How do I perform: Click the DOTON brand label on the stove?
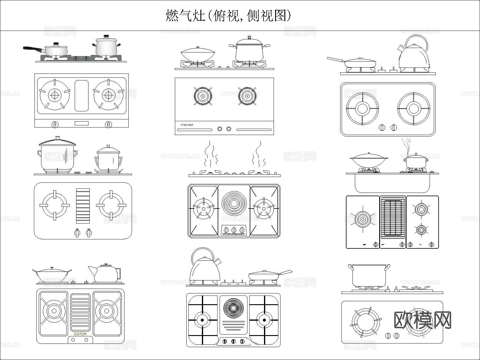coord(80,334)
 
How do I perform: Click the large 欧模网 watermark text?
coord(422,320)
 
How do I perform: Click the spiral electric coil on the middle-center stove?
coord(234,204)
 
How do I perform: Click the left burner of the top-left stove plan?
coord(55,95)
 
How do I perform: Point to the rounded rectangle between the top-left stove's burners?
coord(82,95)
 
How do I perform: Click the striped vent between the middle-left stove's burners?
coord(83,206)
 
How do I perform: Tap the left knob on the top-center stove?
coord(220,129)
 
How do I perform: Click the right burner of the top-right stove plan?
coord(413,109)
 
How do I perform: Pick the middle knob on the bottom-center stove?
coord(233,341)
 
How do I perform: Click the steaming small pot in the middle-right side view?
coord(415,162)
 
